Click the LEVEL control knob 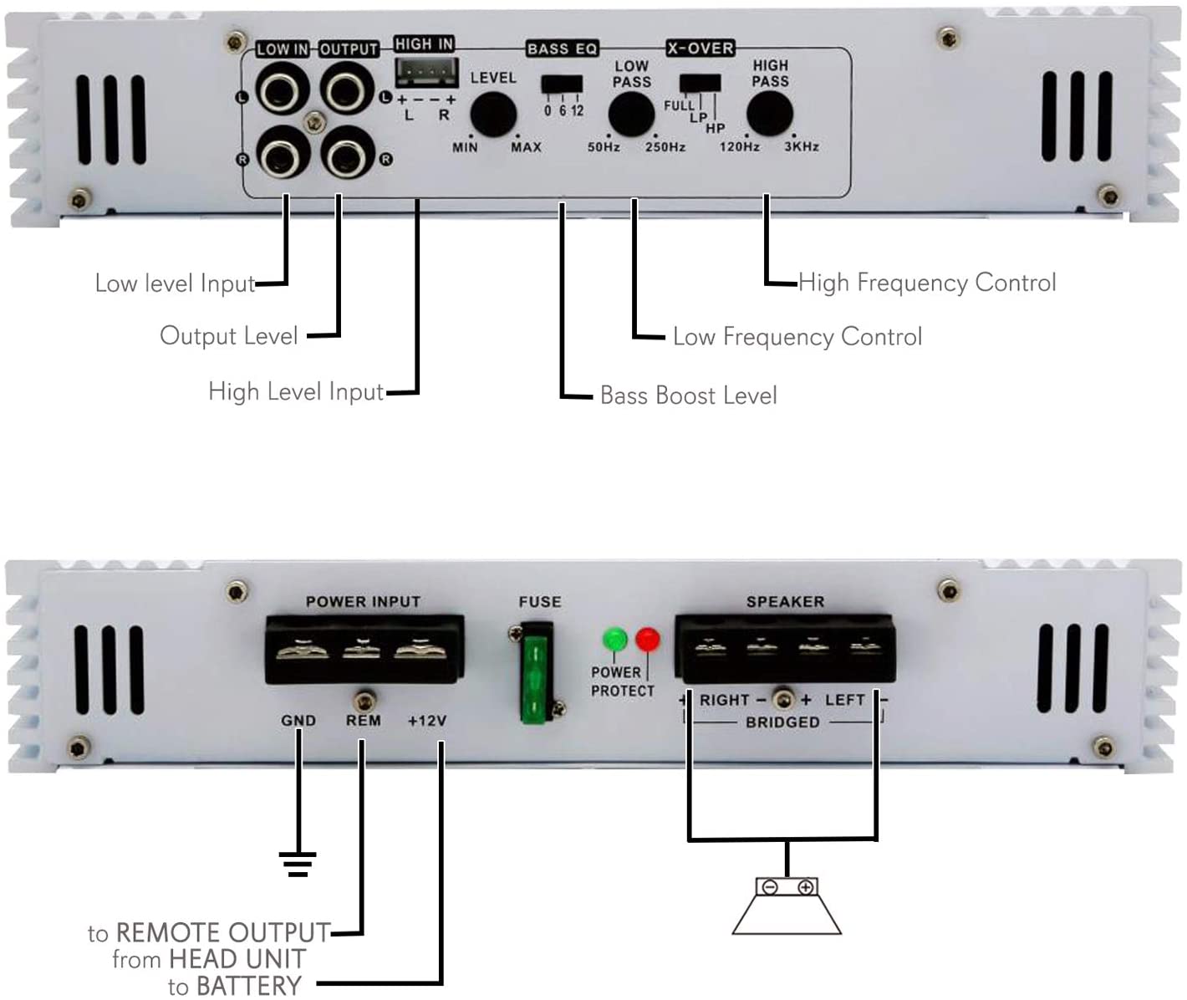492,115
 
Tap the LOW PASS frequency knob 631,115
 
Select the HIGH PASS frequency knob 769,114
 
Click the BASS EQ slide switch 562,84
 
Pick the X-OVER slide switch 700,83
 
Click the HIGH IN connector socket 426,72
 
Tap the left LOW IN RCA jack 283,89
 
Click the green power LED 615,640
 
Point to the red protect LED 648,640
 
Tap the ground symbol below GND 298,863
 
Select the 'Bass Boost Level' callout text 688,395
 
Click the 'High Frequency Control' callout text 927,283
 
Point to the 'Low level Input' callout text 175,283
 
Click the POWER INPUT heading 363,602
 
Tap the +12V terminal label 427,721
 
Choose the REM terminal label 363,721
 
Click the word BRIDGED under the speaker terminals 782,722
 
